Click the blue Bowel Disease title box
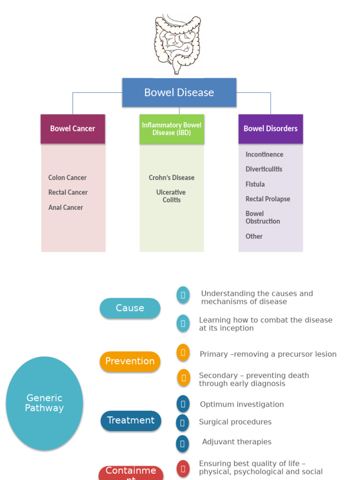[179, 92]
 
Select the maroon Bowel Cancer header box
[73, 128]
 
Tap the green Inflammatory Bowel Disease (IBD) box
[172, 129]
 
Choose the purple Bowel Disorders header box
[270, 128]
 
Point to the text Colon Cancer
[67, 178]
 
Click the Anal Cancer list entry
[66, 207]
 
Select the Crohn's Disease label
[172, 178]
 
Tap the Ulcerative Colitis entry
[172, 196]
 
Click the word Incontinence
[264, 154]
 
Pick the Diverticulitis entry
[264, 169]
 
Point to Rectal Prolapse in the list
[268, 199]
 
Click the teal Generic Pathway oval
[45, 403]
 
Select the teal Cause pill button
[130, 308]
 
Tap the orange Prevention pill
[130, 361]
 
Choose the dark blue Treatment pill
[131, 420]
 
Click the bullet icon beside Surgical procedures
[182, 423]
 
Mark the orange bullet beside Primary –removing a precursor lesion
[183, 352]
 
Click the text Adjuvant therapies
[237, 442]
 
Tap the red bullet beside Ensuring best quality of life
[183, 468]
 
